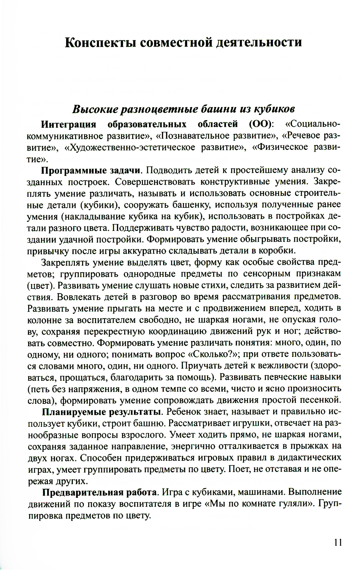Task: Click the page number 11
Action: point(338,543)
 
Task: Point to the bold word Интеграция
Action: point(69,124)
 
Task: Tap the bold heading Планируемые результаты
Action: point(101,412)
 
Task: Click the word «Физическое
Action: point(280,147)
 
